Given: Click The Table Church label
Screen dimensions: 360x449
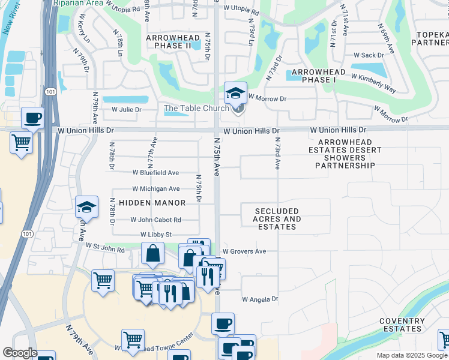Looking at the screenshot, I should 196,108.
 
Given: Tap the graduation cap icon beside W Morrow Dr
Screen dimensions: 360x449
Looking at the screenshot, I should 235,93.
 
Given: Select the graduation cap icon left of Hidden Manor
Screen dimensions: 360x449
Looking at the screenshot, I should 87,207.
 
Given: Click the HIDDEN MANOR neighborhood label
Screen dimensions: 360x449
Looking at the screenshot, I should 152,203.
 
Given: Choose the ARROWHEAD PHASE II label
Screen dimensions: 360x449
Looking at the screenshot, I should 168,41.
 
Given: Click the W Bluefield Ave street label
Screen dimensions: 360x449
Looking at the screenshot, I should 155,173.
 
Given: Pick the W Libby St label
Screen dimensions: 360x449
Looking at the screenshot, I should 156,235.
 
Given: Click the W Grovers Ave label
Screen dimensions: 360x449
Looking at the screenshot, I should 244,251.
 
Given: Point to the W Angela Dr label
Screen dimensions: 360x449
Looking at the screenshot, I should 261,299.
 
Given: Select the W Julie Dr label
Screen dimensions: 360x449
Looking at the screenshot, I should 126,110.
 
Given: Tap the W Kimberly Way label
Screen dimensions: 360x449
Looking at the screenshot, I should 373,84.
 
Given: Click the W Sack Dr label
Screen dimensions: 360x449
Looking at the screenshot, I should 372,55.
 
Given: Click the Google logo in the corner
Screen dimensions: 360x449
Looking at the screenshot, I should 19,353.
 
